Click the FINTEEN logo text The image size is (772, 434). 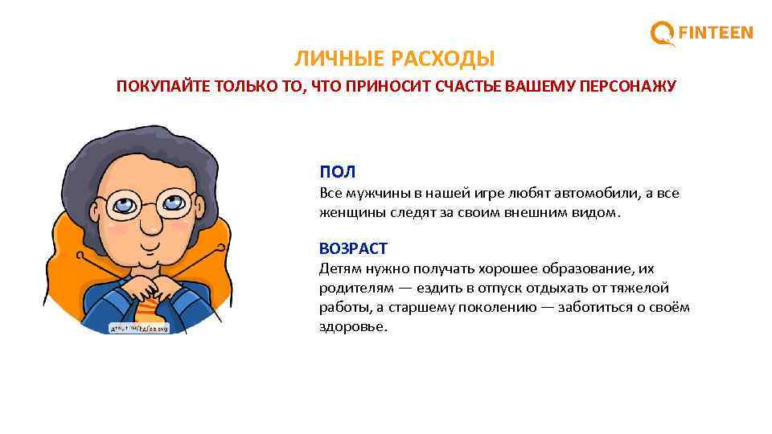click(x=716, y=33)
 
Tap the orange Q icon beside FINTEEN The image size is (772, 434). click(x=663, y=34)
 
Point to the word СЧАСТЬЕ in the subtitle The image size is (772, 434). click(x=461, y=86)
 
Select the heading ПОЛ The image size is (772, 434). click(x=337, y=172)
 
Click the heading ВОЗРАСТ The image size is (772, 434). click(x=353, y=248)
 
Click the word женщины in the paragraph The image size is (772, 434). click(x=347, y=213)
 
